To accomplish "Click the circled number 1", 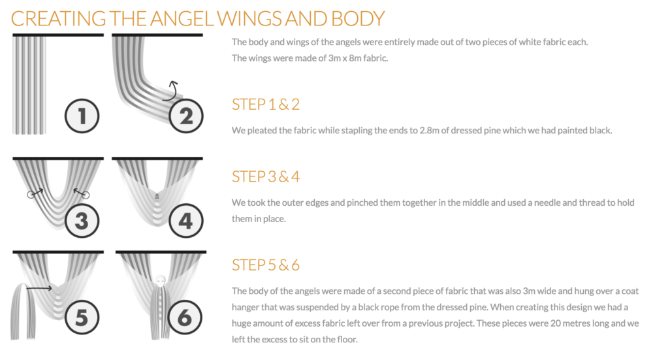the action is (82, 116).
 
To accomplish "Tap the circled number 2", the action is (186, 116).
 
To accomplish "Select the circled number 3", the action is (82, 220).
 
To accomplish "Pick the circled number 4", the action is (186, 220).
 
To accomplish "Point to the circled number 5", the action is (82, 318).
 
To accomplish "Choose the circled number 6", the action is (185, 318).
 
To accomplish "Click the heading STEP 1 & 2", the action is (266, 104).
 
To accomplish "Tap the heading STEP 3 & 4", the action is (266, 176).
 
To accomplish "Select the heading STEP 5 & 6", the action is (266, 265).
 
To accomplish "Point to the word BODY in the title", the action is (358, 19).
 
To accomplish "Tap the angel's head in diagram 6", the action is (161, 280).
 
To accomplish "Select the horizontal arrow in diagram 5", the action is (39, 288).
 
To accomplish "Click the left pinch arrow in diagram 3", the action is (35, 193).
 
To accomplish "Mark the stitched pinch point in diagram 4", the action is (157, 196).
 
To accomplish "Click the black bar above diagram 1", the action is (58, 35).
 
